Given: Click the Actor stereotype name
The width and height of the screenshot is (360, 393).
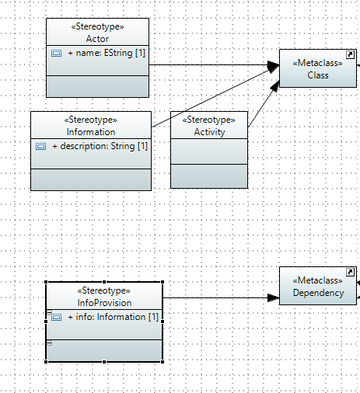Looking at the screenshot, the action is tap(97, 39).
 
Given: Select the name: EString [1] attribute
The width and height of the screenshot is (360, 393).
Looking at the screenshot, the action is tap(107, 53).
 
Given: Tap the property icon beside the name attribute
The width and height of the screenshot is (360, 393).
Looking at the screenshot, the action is tap(56, 54).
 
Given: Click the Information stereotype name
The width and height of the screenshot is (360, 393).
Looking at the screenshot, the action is tap(91, 132).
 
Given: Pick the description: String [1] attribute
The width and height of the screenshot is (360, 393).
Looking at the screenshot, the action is tap(100, 146).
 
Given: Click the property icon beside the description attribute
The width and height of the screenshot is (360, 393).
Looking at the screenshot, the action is tap(40, 147).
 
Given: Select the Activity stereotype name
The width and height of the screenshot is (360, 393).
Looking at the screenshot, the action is tap(209, 132).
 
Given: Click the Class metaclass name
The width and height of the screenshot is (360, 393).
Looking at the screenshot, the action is tap(318, 75).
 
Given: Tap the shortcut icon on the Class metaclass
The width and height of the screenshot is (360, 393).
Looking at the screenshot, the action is tap(350, 55).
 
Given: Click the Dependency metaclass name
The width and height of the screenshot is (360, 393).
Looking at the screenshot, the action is tap(318, 293).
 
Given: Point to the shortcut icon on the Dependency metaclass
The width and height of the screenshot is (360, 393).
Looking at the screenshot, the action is tap(350, 273).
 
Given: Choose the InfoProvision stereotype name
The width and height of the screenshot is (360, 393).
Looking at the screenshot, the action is tap(104, 303).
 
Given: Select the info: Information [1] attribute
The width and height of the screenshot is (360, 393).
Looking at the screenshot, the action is tap(113, 317).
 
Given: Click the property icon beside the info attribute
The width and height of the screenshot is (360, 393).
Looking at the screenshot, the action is tap(56, 318).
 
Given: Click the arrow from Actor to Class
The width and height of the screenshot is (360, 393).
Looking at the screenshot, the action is tap(215, 64).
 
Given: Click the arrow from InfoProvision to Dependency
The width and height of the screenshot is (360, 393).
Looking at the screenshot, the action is tap(221, 297).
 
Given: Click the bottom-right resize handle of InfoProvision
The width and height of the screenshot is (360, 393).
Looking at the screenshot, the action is tap(163, 362).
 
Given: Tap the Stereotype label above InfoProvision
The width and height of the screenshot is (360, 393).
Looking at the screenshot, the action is tap(104, 290).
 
